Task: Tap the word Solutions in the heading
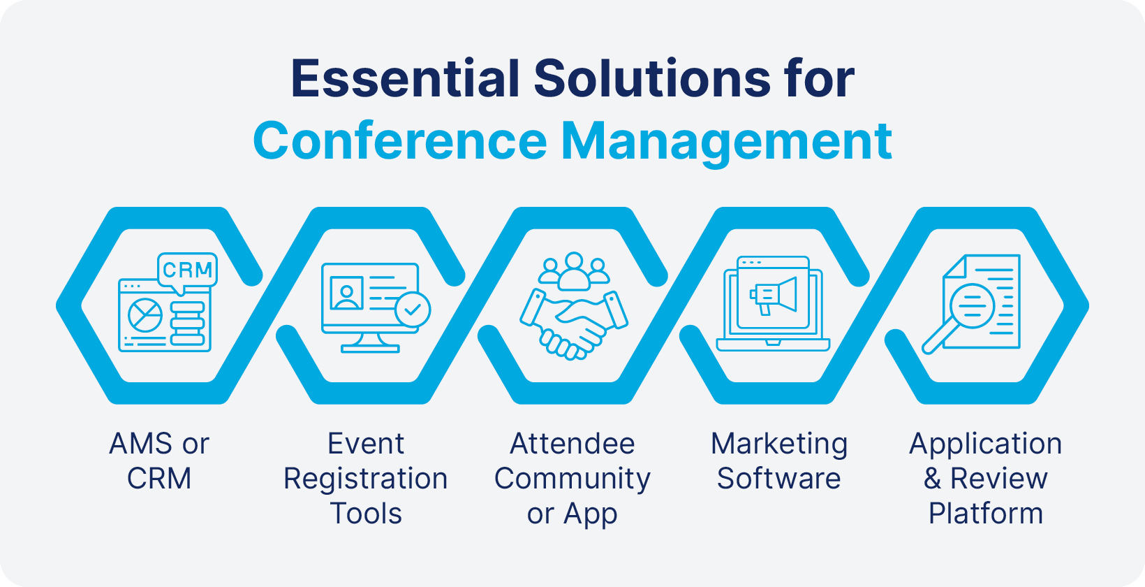pos(652,78)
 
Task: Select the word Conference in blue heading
pos(399,141)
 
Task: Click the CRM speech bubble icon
pos(187,270)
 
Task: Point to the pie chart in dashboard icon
pos(145,315)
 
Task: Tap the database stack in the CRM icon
pos(187,324)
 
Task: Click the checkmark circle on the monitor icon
pos(413,310)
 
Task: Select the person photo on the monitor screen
pos(347,293)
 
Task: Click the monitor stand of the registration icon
pos(370,342)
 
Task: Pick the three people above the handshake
pos(574,270)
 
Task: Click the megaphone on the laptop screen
pos(774,296)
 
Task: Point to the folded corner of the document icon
pos(954,266)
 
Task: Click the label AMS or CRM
pos(159,461)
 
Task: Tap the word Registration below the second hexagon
pos(366,479)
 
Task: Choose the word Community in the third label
pos(572,479)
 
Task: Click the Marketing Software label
pos(779,461)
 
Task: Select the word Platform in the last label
pos(985,514)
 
